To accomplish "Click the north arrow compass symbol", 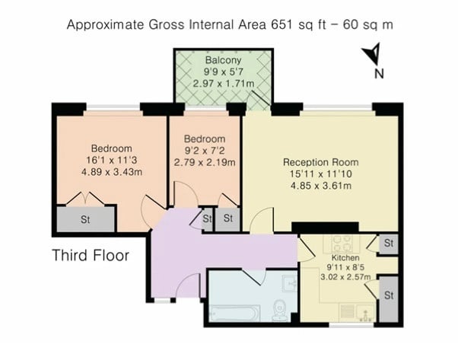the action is [373, 54].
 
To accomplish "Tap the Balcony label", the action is [224, 60].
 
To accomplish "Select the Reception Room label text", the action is [321, 162].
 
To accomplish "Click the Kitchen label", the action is [345, 258].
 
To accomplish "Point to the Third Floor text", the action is [91, 255].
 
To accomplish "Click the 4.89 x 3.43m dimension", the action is [112, 172].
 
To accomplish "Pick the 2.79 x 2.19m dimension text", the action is [205, 162].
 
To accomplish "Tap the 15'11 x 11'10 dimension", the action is [321, 174].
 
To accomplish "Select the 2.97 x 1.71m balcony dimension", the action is [224, 84].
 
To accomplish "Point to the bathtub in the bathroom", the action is [234, 313].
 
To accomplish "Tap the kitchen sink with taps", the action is [365, 312].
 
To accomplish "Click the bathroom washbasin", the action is [289, 283].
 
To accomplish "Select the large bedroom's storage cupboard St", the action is [85, 219].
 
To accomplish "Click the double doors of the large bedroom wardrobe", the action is [85, 199].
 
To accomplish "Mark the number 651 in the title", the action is [282, 24].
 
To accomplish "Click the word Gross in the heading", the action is [167, 24].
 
